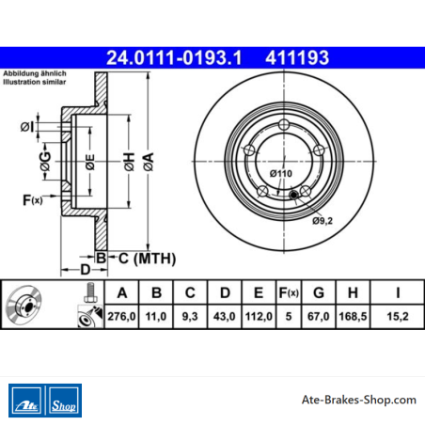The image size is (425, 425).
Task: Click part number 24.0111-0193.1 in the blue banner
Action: pyautogui.click(x=174, y=57)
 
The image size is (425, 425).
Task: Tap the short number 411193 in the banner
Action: pyautogui.click(x=297, y=57)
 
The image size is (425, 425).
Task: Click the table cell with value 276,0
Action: pyautogui.click(x=121, y=316)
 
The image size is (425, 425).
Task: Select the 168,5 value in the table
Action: pyautogui.click(x=353, y=316)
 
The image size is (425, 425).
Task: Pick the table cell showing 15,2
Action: pyautogui.click(x=398, y=316)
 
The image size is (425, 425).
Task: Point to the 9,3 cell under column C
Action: pyautogui.click(x=190, y=316)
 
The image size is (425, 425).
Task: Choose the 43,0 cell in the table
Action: pyautogui.click(x=225, y=316)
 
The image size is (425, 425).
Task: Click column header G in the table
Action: pyautogui.click(x=319, y=292)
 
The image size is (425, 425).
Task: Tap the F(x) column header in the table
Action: pyautogui.click(x=289, y=292)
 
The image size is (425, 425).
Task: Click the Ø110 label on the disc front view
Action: pyautogui.click(x=281, y=173)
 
